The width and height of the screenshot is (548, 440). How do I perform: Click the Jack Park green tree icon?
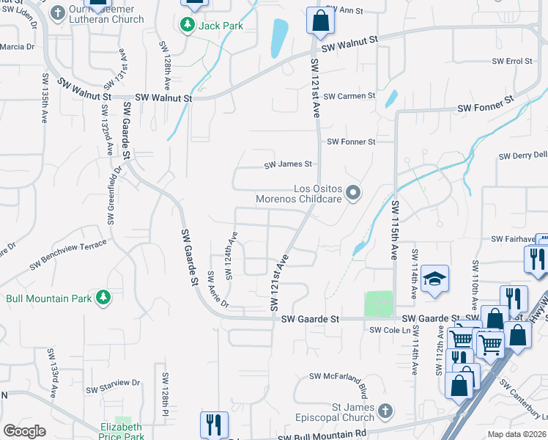[188, 26]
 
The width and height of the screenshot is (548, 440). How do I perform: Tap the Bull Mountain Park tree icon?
[104, 297]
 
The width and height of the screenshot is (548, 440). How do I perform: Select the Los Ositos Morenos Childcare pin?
[353, 194]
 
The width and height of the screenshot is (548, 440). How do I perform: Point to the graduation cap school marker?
[434, 279]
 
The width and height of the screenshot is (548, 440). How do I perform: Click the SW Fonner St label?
[351, 142]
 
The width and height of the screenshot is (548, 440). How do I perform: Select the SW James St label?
[289, 165]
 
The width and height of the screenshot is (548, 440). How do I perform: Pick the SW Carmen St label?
[349, 96]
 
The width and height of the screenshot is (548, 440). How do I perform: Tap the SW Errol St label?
[511, 61]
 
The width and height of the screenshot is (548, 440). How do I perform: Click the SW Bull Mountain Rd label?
[322, 435]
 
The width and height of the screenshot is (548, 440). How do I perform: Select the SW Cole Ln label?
[386, 331]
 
